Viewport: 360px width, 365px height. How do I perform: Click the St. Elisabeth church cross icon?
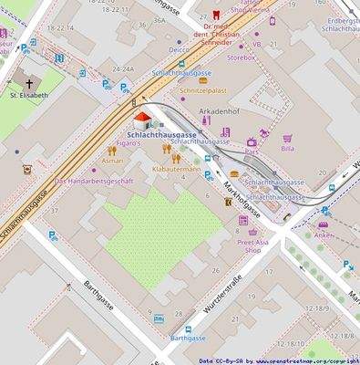coord(27,81)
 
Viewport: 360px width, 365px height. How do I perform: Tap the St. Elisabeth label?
coord(27,94)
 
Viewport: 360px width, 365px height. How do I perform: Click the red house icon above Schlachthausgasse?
coord(142,121)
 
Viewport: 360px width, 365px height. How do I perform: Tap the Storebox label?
coord(242,57)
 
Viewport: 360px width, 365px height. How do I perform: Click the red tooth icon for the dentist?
coord(215,16)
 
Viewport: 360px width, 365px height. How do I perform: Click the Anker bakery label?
coord(324,235)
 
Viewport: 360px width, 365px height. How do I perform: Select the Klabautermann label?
coord(176,169)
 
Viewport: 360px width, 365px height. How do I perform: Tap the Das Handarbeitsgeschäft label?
coord(95,181)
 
